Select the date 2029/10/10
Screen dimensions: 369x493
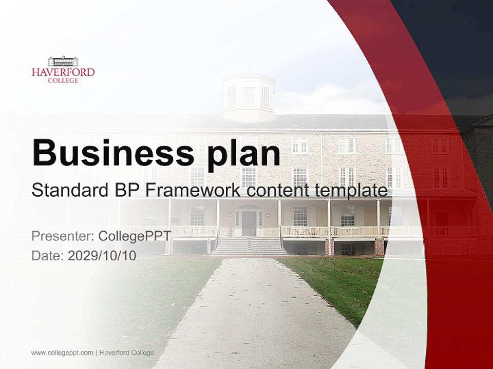102,256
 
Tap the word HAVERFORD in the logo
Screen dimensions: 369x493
63,72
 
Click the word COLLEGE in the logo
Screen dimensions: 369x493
63,80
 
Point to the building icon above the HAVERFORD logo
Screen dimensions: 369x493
63,61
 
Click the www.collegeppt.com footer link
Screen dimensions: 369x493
62,353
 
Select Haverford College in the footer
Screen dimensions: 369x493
126,353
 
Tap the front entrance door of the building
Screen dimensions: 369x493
249,223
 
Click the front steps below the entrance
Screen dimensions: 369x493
249,246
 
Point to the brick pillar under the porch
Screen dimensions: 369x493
379,247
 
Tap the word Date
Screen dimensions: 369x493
47,256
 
